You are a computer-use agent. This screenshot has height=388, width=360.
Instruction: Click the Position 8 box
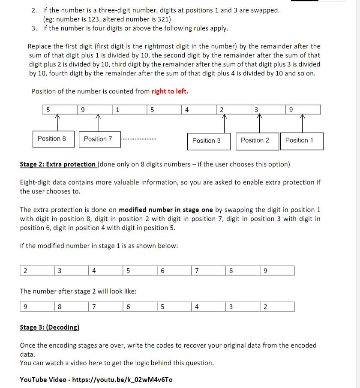tap(52, 139)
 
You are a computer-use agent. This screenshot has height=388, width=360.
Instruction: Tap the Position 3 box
tap(207, 141)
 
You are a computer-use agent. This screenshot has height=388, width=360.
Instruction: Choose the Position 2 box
tap(255, 141)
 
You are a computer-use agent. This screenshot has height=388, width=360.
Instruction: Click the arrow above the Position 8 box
tap(58, 122)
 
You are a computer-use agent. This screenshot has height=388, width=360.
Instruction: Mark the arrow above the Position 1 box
tap(303, 123)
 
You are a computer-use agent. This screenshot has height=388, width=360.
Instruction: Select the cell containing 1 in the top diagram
tap(129, 110)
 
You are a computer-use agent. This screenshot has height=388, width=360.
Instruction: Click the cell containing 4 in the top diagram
tap(198, 110)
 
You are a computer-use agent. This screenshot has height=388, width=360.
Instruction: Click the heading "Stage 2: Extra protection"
tap(58, 164)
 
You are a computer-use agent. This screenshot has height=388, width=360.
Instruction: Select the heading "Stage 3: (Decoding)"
tap(49, 328)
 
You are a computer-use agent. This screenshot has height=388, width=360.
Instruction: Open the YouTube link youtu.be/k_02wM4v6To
tap(123, 380)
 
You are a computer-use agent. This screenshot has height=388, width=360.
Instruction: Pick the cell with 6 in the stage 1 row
tap(174, 271)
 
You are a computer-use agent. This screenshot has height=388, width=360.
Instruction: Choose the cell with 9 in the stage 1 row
tap(277, 271)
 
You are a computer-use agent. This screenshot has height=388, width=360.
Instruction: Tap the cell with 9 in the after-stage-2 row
tap(37, 307)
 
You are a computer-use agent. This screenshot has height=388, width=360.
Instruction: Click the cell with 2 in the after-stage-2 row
tap(277, 307)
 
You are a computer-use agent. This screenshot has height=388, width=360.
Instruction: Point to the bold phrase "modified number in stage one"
tap(166, 210)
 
